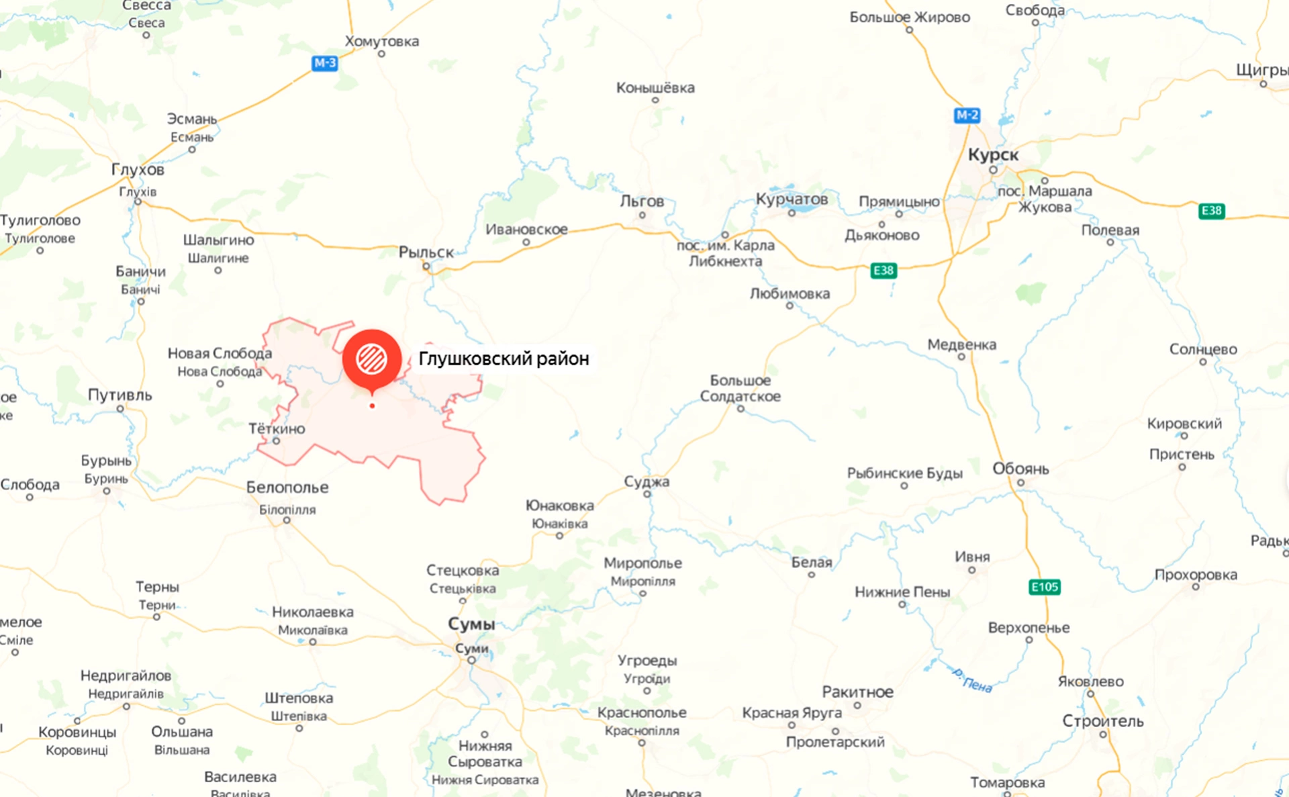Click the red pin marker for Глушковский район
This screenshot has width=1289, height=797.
click(x=372, y=359)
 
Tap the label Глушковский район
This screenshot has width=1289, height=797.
click(x=504, y=359)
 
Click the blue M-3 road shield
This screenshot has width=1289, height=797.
click(x=325, y=63)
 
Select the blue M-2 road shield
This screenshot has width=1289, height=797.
click(x=967, y=115)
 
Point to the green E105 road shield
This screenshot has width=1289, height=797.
click(x=1044, y=587)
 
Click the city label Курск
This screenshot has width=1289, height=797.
click(x=993, y=155)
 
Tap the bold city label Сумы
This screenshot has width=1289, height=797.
click(x=471, y=624)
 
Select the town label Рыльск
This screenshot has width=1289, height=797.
click(x=426, y=252)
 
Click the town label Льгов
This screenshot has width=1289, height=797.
click(x=642, y=201)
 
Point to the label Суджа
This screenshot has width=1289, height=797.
click(x=647, y=481)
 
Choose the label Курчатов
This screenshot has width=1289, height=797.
click(x=792, y=199)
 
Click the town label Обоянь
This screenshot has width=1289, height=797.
click(x=1020, y=469)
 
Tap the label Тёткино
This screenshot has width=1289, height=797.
click(x=277, y=428)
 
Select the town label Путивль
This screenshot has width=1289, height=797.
click(x=120, y=395)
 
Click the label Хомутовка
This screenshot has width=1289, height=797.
click(x=381, y=41)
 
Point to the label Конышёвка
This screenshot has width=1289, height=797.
click(x=655, y=88)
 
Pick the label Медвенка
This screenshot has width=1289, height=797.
click(x=961, y=344)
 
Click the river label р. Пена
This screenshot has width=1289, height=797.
click(x=972, y=680)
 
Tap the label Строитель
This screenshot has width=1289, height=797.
click(x=1102, y=721)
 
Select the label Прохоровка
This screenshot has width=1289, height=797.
click(x=1196, y=575)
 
